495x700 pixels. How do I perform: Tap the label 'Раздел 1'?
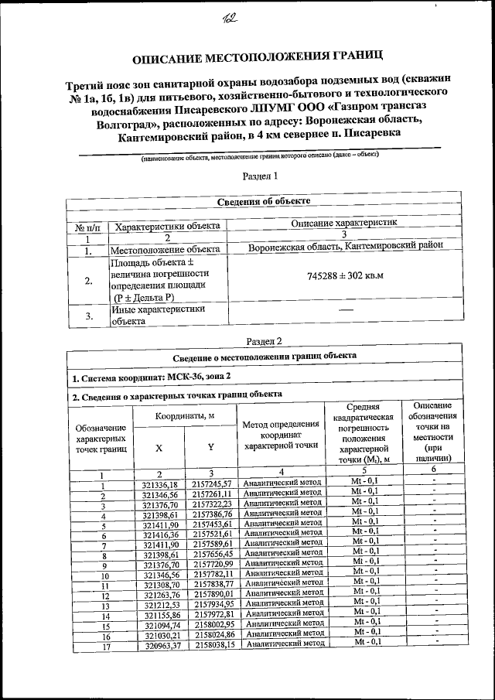point(260,176)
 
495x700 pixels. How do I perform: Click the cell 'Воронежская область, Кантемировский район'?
point(346,247)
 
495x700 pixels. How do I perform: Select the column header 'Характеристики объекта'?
point(167,227)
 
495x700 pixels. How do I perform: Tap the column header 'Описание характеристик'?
point(345,223)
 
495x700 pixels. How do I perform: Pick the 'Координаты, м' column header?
point(185,416)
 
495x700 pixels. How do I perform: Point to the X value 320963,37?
point(160,644)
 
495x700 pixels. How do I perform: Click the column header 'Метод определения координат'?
point(281,435)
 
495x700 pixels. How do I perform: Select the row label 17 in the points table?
point(102,645)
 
